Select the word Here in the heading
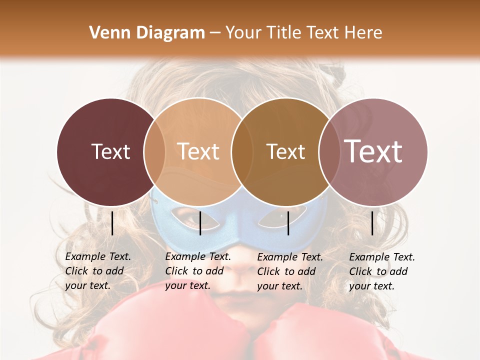tap(364, 33)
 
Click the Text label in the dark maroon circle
tap(110, 151)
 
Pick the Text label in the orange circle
tap(198, 151)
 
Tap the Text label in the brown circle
tap(285, 151)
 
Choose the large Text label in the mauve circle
tap(373, 151)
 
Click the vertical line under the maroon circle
tap(112, 223)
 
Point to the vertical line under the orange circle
tap(200, 223)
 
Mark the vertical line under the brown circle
tap(288, 223)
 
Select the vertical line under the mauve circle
tap(372, 223)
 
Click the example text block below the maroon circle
tap(97, 271)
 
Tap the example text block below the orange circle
tap(197, 271)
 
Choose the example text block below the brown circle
tap(289, 271)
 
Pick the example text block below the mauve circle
tap(381, 271)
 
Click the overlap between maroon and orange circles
tap(154, 151)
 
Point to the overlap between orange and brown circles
tap(241, 151)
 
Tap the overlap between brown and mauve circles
tap(328, 151)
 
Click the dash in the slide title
tap(215, 33)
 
